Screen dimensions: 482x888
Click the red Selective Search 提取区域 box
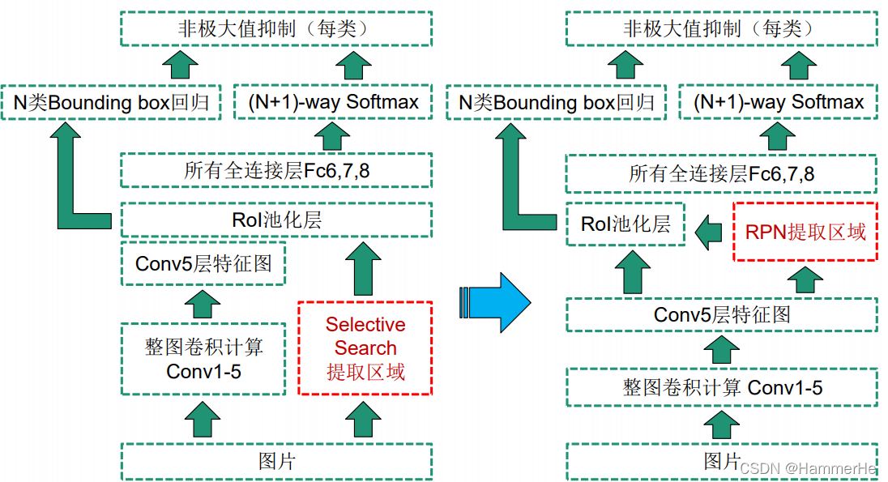click(x=365, y=348)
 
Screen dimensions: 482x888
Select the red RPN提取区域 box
click(x=805, y=232)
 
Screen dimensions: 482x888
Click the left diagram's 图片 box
click(x=276, y=461)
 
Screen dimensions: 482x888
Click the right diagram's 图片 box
click(x=721, y=462)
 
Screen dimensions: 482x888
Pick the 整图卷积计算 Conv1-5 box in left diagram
click(x=203, y=359)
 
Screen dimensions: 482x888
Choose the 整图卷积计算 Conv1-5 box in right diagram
click(x=721, y=388)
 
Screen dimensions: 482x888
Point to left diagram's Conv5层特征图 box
click(x=203, y=263)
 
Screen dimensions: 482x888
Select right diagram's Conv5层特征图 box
click(x=721, y=314)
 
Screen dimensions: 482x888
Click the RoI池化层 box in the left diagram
click(x=276, y=220)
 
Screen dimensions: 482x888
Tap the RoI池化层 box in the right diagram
click(x=625, y=224)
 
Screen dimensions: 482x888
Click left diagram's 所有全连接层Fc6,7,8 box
click(x=276, y=171)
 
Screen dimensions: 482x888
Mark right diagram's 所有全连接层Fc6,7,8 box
click(x=721, y=174)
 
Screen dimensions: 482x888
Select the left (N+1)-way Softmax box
click(x=333, y=102)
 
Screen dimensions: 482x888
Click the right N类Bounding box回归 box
click(x=557, y=103)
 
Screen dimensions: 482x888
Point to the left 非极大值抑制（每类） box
click(x=276, y=28)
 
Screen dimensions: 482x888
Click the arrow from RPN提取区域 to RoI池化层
click(x=711, y=232)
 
